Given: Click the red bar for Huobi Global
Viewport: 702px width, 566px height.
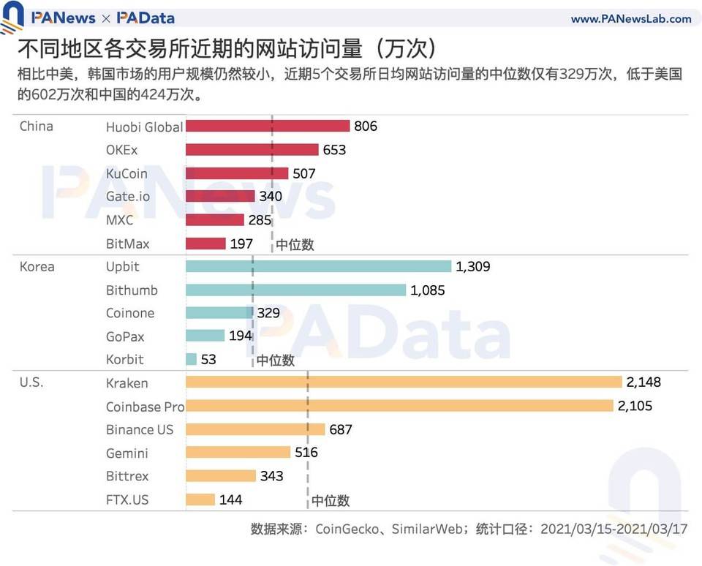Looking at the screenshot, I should coord(268,126).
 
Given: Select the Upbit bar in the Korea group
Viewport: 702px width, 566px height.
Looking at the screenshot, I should coord(318,266).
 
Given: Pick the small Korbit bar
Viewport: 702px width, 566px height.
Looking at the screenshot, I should coord(192,359).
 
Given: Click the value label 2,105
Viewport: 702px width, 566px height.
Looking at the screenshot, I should coord(635,406).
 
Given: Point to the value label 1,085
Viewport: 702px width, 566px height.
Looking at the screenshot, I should coord(427,290).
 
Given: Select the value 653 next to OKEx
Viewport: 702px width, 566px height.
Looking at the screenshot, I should coord(334,150).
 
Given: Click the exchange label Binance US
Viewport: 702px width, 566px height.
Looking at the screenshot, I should coord(140,429).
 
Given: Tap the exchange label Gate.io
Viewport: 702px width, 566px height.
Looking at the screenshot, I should coord(132,197).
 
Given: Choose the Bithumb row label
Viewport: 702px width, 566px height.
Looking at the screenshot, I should coord(132,290).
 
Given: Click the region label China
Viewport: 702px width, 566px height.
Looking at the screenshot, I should coord(36,127).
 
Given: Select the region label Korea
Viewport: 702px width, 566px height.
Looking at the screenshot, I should coord(37,267).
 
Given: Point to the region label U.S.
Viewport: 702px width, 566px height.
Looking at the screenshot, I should coord(31,383).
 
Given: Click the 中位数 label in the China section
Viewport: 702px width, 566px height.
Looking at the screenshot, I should coord(295,245).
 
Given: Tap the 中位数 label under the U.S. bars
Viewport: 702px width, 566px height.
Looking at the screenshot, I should coord(331,501).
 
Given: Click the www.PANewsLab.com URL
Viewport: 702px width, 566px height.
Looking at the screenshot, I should coord(630,19).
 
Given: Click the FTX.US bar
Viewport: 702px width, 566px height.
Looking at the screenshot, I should coord(200,499).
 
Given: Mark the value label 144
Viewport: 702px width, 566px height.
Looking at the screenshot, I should coord(230,499).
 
